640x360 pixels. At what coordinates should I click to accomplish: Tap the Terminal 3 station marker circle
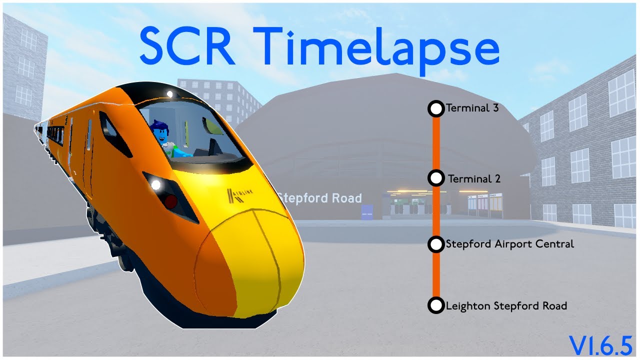pos(436,108)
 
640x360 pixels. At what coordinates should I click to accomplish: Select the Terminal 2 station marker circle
pos(436,178)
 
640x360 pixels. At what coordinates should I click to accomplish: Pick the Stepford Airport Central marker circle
pos(436,244)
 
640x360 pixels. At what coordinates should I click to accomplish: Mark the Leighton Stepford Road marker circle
pos(436,305)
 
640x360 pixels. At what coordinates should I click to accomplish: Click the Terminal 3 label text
pos(472,108)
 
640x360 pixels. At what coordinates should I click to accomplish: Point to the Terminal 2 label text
pos(474,178)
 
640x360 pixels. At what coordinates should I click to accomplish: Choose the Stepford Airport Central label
pos(509,244)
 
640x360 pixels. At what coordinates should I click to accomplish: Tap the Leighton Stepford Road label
pos(506,305)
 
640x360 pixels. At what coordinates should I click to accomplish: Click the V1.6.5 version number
pos(600,345)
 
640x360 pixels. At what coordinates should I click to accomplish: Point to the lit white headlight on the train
pos(155,185)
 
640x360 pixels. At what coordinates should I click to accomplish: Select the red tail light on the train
pos(170,201)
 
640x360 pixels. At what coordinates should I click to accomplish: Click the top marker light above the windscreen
pos(170,93)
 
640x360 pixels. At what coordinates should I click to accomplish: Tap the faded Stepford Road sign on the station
pos(320,198)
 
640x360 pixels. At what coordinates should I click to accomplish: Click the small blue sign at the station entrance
pos(367,212)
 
